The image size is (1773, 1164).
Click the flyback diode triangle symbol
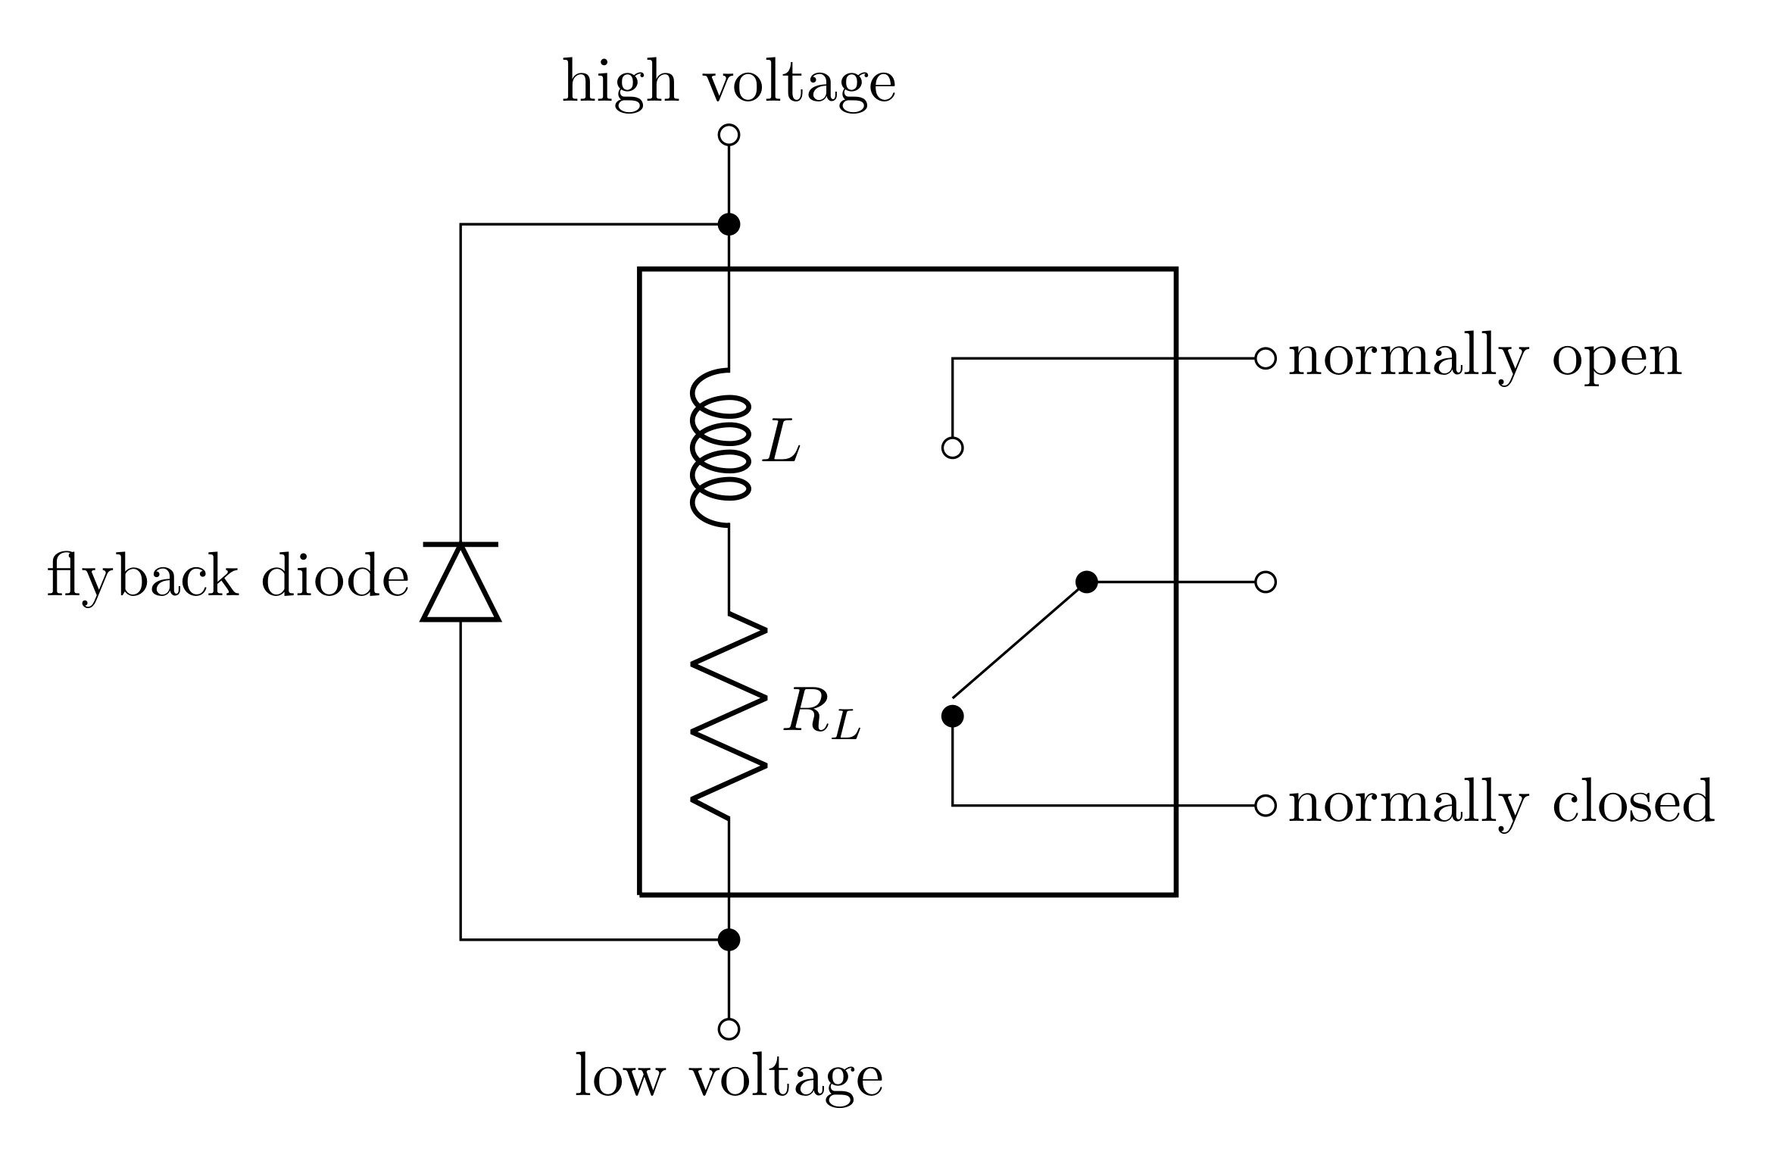coord(460,583)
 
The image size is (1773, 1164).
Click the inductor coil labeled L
coord(720,447)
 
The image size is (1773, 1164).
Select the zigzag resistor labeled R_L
coord(729,715)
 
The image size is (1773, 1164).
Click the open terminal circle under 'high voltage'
coord(729,135)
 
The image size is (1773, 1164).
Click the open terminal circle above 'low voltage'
coord(729,1028)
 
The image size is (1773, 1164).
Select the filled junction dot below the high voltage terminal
coord(729,224)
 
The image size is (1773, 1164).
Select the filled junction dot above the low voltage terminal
coord(729,940)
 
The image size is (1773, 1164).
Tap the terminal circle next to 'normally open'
coord(1266,358)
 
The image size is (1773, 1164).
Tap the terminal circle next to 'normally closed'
coord(1266,805)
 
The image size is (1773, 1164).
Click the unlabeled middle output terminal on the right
coord(1266,582)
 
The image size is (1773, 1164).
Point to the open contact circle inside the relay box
coord(953,448)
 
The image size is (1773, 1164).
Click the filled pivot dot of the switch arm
coord(1087,582)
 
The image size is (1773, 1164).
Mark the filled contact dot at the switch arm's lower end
coord(953,716)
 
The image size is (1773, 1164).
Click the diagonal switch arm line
coord(1019,640)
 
